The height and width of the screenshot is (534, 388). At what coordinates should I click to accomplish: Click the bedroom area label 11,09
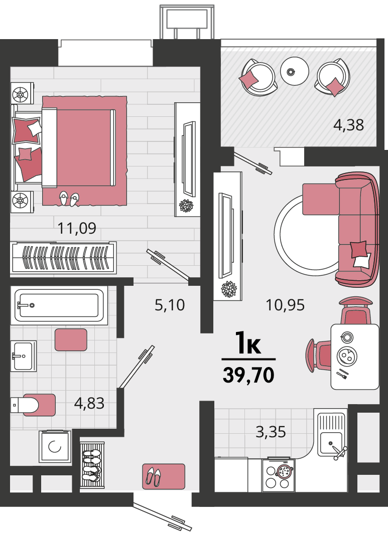(77, 228)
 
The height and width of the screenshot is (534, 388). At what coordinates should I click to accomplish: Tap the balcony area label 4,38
(348, 125)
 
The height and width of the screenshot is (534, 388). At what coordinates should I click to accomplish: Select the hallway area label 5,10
(170, 305)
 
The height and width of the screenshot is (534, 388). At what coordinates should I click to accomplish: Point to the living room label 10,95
(285, 305)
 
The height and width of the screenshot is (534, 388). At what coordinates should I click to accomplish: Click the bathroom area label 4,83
(89, 403)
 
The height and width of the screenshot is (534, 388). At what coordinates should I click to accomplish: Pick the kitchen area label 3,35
(271, 432)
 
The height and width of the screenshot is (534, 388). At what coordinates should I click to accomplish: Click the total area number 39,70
(248, 375)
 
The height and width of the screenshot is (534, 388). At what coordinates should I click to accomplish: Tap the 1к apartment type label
(248, 343)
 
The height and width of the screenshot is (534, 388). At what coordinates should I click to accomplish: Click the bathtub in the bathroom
(59, 305)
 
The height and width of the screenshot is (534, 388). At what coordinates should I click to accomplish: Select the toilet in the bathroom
(33, 405)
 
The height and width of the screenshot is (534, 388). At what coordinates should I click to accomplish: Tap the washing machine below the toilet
(55, 446)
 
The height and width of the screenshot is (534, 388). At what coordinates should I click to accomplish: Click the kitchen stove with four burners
(278, 475)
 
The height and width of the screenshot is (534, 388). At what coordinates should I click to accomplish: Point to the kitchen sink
(331, 435)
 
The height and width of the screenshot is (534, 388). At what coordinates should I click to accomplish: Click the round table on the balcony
(295, 71)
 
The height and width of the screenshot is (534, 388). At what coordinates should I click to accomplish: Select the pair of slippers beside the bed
(69, 199)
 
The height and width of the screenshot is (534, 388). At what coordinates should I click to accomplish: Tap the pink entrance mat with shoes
(164, 476)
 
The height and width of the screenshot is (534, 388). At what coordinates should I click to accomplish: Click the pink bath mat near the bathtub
(71, 340)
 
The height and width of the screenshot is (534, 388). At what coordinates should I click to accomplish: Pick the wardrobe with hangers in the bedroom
(63, 257)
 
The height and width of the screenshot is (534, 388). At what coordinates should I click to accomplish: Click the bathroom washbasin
(23, 356)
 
